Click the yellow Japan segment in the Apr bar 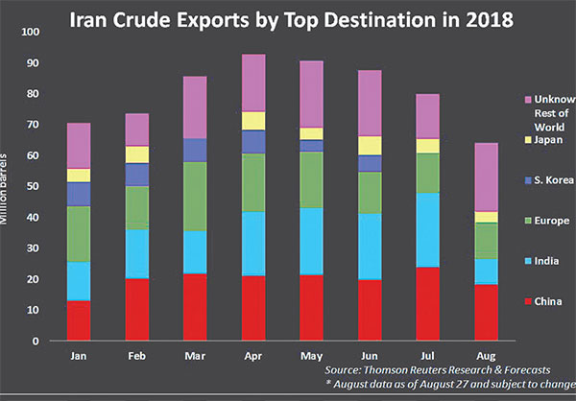pyautogui.click(x=253, y=120)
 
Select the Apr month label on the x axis pyautogui.click(x=253, y=354)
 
